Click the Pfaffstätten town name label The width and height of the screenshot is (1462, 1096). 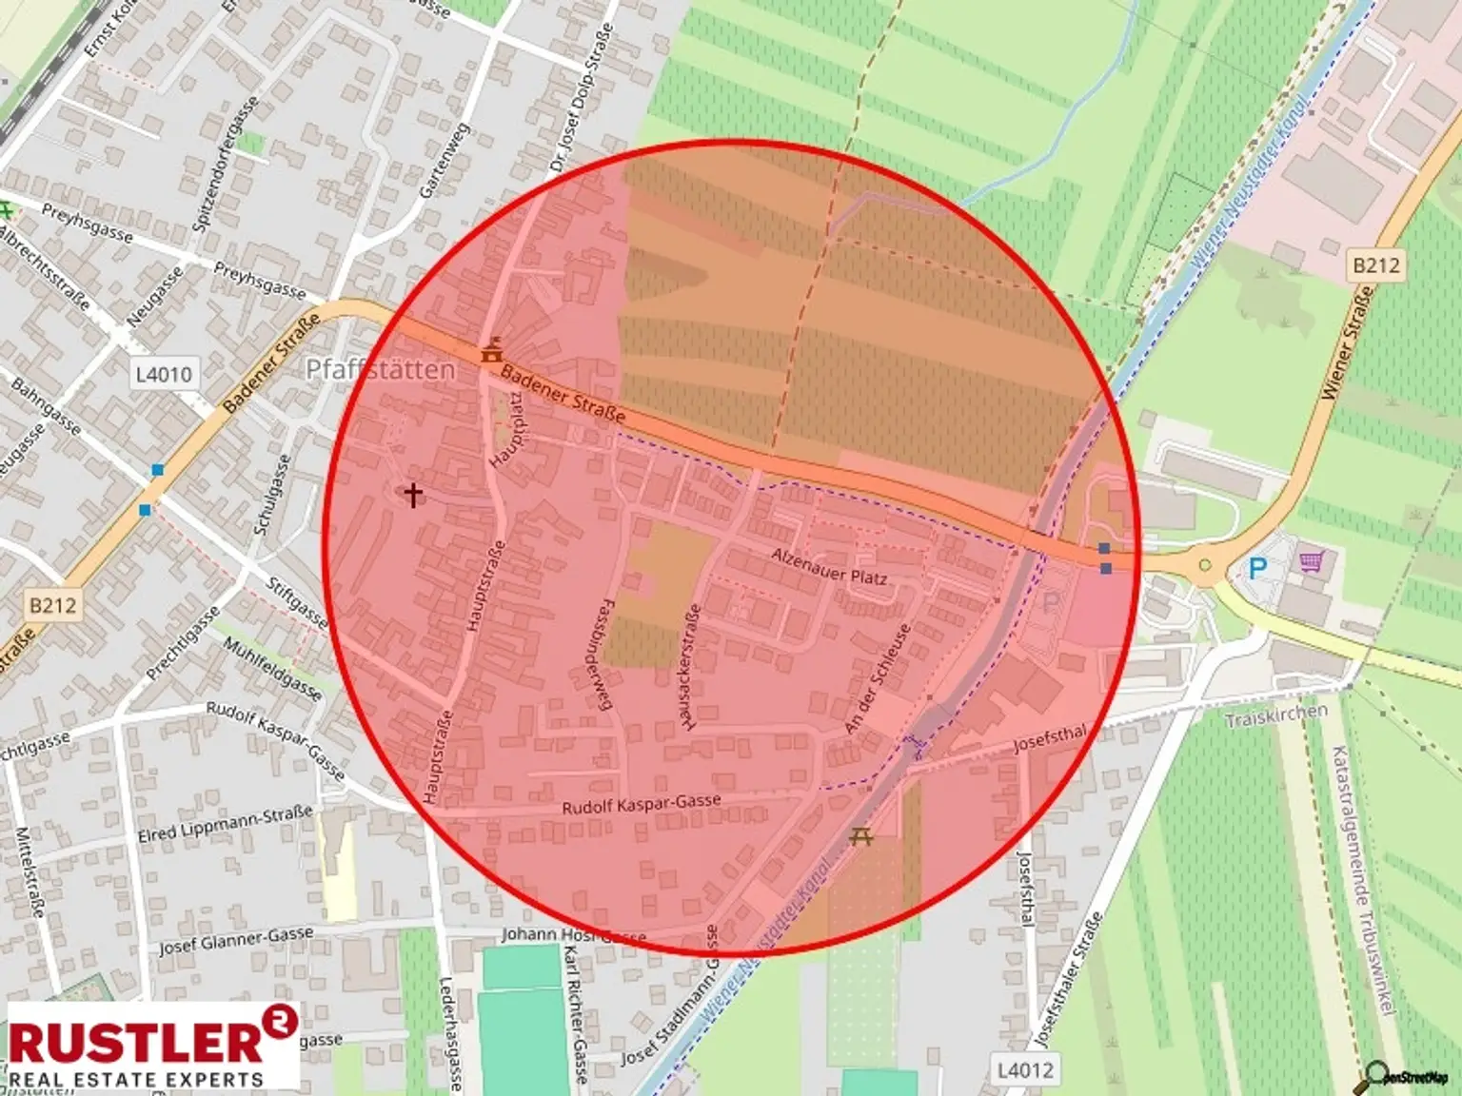click(379, 369)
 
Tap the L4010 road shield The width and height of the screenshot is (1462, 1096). click(163, 374)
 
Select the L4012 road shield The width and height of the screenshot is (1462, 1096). click(1025, 1070)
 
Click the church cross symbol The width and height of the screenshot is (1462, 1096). click(413, 495)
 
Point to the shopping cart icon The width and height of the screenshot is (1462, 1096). click(1314, 562)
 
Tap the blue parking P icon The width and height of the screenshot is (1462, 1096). click(1257, 569)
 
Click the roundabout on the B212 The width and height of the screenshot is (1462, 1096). click(1205, 566)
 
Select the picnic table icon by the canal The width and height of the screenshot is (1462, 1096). click(860, 836)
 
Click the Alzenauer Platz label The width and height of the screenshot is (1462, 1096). click(829, 566)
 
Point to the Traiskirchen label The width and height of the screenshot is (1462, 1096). click(1275, 715)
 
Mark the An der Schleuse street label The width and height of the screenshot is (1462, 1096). click(879, 678)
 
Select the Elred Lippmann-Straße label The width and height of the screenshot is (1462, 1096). click(226, 824)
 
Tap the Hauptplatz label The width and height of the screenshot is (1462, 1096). click(505, 430)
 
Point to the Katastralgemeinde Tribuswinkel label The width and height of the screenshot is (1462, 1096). click(1364, 880)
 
